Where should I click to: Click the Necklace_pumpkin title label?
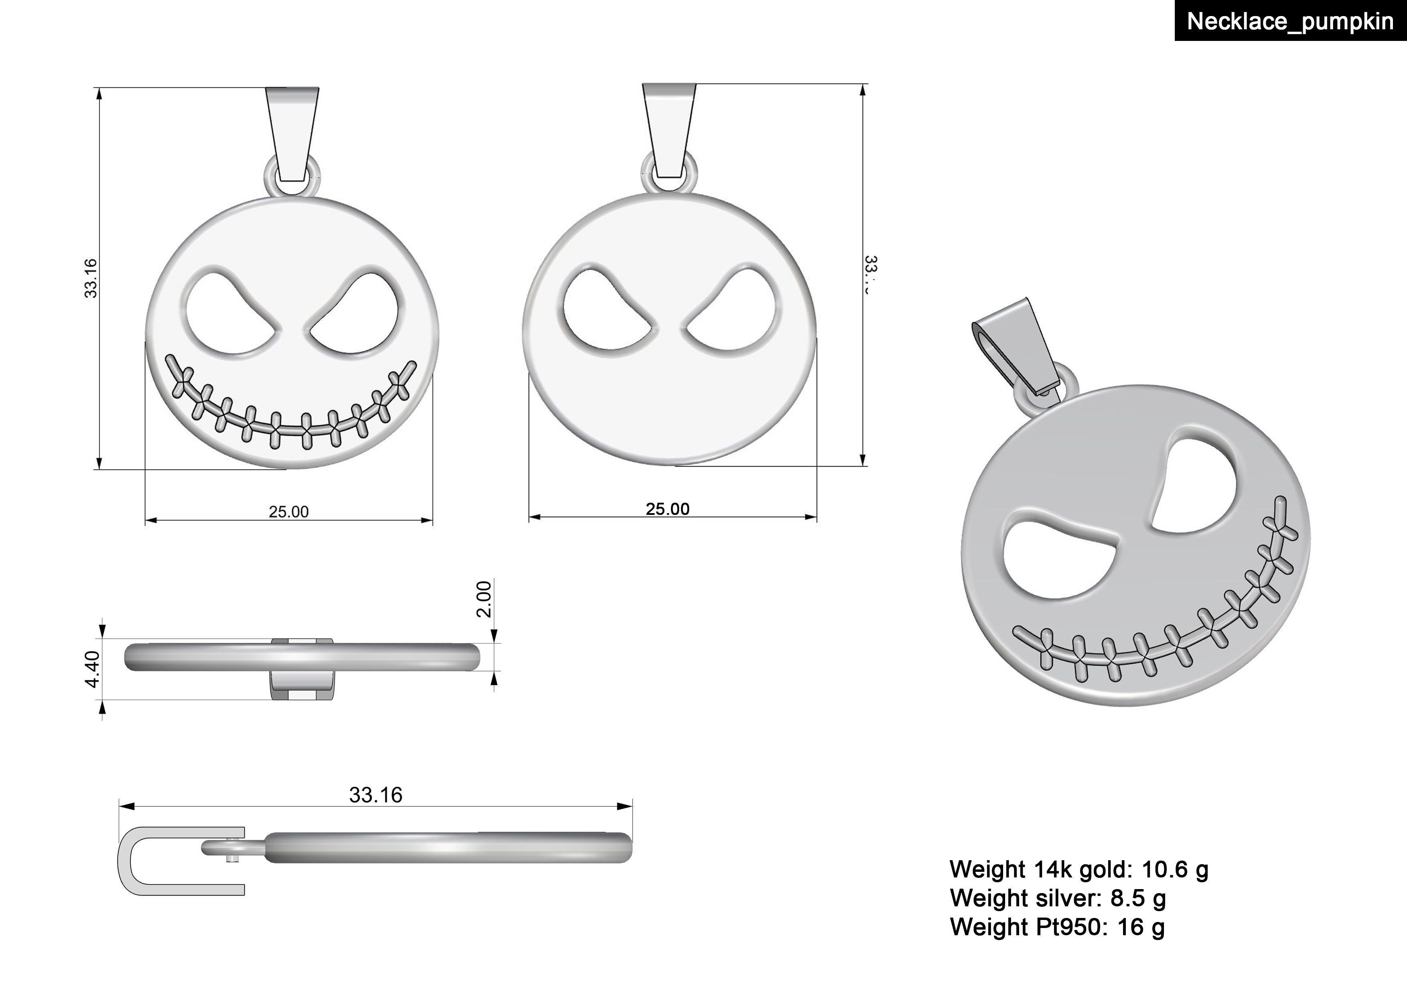click(x=1290, y=21)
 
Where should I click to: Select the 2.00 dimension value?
click(x=484, y=599)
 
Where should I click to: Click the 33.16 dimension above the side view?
click(x=376, y=795)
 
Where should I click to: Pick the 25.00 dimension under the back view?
click(x=667, y=509)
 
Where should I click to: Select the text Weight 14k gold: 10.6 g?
click(x=1079, y=869)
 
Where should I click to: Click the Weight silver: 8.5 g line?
click(x=1058, y=898)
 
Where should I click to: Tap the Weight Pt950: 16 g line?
click(x=1057, y=926)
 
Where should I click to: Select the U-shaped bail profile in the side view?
click(x=132, y=861)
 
